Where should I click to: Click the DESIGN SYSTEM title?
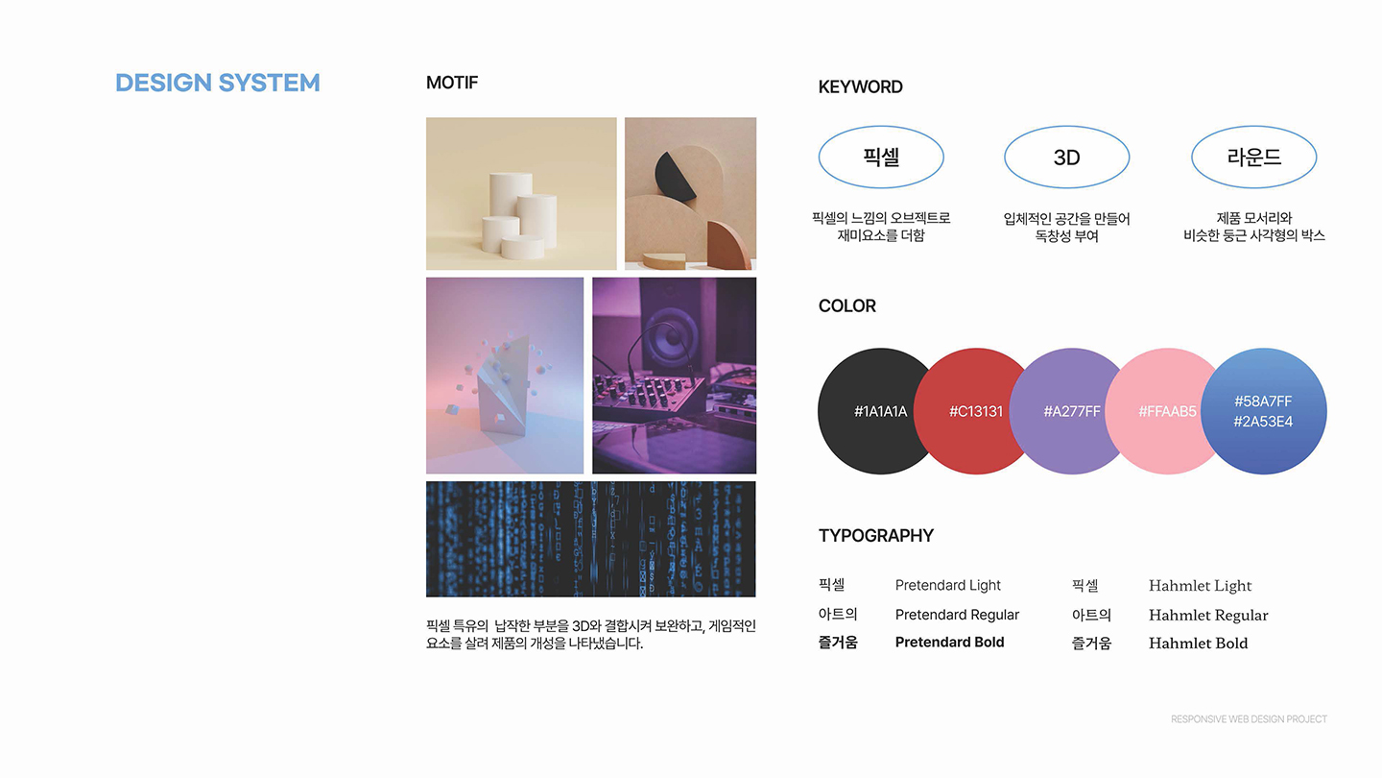pos(217,83)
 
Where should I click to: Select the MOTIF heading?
pos(451,83)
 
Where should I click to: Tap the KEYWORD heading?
pos(860,86)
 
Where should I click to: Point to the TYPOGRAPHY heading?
pos(875,535)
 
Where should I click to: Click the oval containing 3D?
pos(1066,158)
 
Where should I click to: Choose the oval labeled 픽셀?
pos(881,158)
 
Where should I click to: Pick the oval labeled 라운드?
pos(1253,158)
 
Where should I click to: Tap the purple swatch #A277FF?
pos(1067,411)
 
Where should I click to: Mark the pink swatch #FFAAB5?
pos(1163,411)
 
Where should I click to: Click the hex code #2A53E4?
pos(1263,422)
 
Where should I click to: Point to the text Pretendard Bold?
pos(949,643)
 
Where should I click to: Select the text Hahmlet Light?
pos(1200,586)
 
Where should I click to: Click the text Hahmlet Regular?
pos(1208,615)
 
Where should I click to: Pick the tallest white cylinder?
pos(510,202)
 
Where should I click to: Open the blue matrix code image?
pos(590,539)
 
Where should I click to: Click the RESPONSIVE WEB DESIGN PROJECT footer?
pos(1249,719)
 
